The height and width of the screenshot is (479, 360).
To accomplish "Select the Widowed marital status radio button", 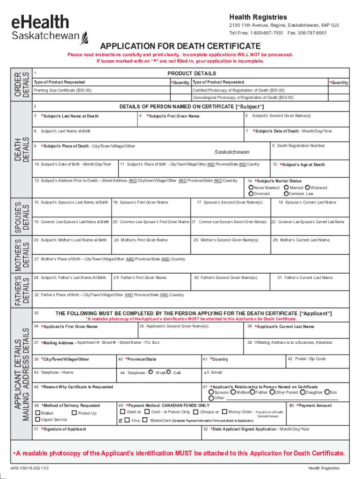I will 307,188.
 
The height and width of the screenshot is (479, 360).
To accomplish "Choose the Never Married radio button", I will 251,188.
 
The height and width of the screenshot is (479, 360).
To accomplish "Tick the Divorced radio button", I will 251,194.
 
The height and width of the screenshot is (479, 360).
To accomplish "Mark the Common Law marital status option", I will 286,194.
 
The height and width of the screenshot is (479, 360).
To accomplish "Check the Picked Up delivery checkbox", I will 74,413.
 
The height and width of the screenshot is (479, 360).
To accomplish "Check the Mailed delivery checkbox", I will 37,413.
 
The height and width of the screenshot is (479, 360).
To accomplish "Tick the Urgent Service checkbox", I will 37,420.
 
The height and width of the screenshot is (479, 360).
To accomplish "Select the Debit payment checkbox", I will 122,412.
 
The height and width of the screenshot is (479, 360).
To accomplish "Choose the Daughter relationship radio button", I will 302,392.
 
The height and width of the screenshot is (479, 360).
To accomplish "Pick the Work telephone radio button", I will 151,372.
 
